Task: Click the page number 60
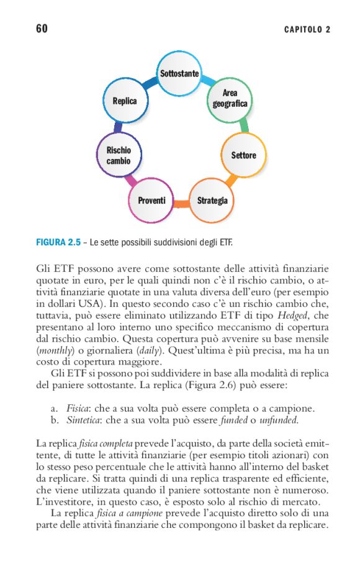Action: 42,29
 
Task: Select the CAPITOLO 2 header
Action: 307,29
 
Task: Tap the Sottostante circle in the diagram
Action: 179,74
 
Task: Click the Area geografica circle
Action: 230,99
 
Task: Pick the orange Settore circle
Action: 243,155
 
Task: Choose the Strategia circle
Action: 212,201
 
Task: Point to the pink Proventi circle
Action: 151,201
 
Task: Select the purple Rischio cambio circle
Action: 119,155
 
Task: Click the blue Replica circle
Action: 125,101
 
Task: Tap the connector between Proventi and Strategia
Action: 182,204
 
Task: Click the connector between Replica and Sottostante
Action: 150,83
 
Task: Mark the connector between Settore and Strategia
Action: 232,181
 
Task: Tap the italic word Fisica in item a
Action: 78,409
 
